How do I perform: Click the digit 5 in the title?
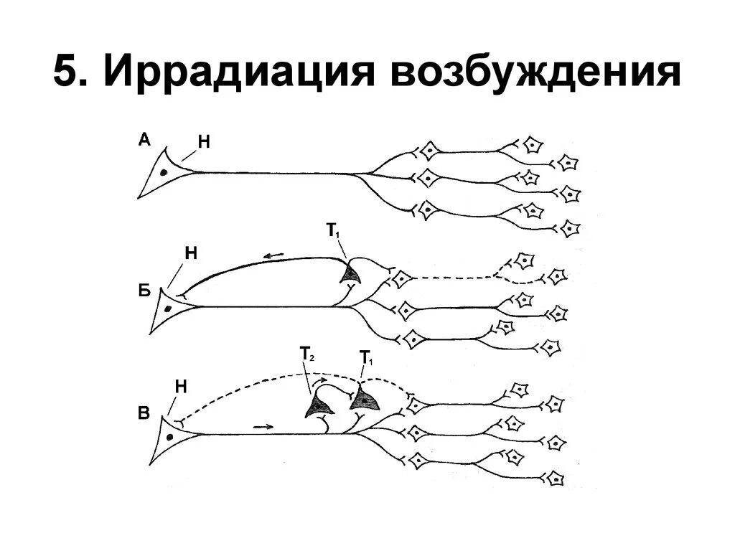67,74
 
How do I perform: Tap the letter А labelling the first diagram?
144,141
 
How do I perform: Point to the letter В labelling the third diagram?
144,413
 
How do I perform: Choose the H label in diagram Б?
191,253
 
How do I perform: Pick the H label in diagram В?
181,387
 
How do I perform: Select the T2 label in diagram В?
305,354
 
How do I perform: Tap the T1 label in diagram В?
365,357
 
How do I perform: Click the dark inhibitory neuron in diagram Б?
351,273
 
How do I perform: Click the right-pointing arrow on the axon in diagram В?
263,427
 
